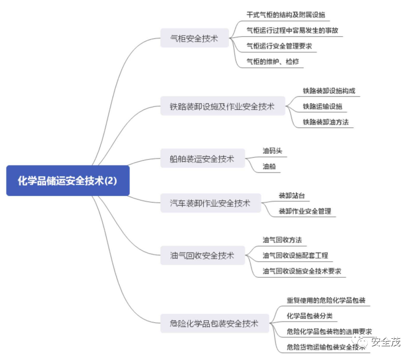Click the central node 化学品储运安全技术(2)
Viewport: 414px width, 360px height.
point(68,181)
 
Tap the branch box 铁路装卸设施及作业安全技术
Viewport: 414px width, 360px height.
point(222,106)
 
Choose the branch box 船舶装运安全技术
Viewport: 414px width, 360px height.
point(202,159)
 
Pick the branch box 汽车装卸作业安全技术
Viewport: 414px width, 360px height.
point(210,203)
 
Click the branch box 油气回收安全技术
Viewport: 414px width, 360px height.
point(202,255)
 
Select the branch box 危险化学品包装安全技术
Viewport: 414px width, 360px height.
point(214,324)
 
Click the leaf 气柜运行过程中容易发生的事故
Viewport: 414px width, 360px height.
point(292,31)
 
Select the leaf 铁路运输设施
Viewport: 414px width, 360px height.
point(322,106)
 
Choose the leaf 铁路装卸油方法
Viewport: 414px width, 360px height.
point(326,122)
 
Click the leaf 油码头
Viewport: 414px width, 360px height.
point(273,151)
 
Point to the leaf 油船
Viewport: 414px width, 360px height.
point(269,167)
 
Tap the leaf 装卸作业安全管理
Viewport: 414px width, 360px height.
point(305,211)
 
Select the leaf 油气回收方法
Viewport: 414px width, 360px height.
point(282,240)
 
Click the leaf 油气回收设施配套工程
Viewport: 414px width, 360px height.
point(295,255)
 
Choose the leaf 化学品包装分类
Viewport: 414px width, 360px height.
point(312,316)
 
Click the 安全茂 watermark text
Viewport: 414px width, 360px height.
point(385,342)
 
